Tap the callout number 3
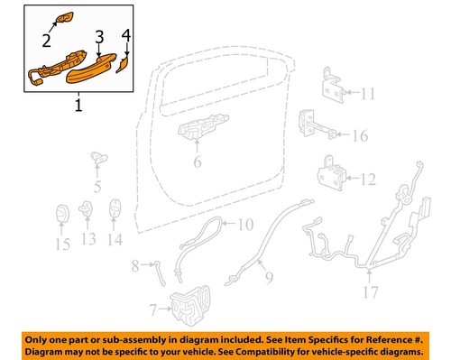(x=100, y=36)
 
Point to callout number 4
(x=127, y=37)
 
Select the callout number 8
(x=136, y=264)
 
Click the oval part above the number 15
(x=62, y=214)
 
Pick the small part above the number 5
(x=95, y=161)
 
